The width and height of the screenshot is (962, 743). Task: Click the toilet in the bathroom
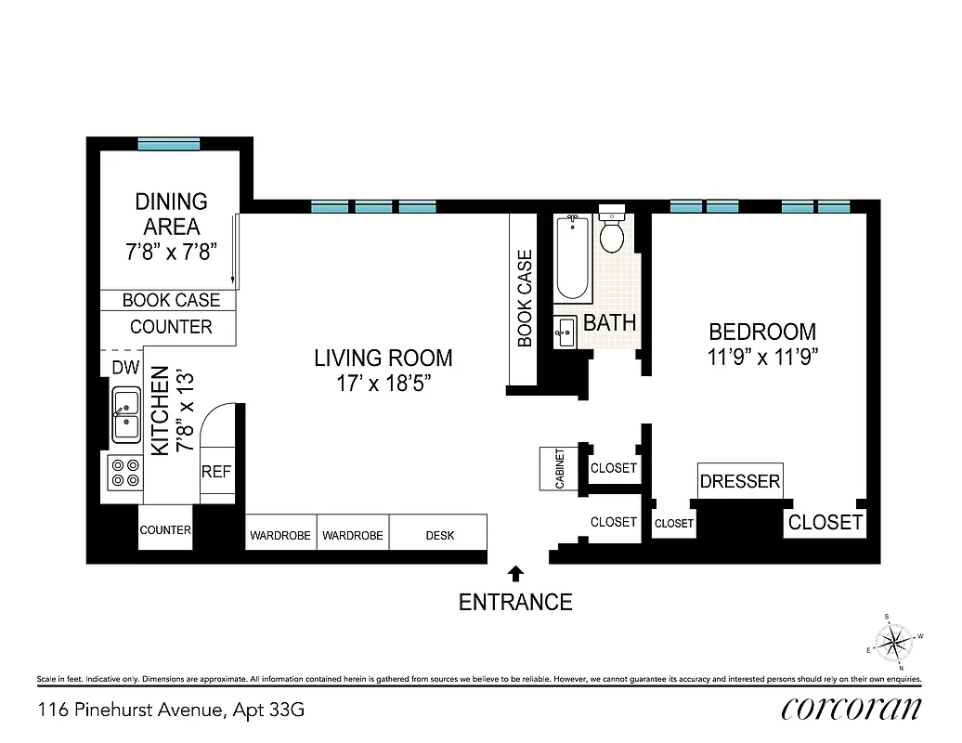pyautogui.click(x=611, y=232)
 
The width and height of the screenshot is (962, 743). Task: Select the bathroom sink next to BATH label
pyautogui.click(x=565, y=331)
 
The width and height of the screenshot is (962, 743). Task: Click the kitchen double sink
pyautogui.click(x=126, y=415)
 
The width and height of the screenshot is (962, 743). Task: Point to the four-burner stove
pyautogui.click(x=124, y=473)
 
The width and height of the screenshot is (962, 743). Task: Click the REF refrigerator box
pyautogui.click(x=216, y=472)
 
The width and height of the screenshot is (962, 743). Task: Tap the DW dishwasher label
pyautogui.click(x=125, y=368)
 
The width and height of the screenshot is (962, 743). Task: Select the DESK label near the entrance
pyautogui.click(x=440, y=535)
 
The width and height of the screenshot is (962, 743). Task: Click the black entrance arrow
pyautogui.click(x=516, y=574)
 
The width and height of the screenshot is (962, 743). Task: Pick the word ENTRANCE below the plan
pyautogui.click(x=515, y=602)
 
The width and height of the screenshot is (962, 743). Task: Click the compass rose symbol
pyautogui.click(x=894, y=642)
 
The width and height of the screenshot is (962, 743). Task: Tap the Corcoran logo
pyautogui.click(x=851, y=709)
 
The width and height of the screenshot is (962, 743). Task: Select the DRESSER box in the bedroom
pyautogui.click(x=740, y=481)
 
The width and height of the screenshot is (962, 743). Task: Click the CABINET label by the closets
pyautogui.click(x=560, y=468)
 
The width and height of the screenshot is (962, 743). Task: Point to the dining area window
pyautogui.click(x=163, y=144)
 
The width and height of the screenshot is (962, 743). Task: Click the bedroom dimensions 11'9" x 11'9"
pyautogui.click(x=762, y=358)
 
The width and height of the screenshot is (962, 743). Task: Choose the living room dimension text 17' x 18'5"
pyautogui.click(x=383, y=383)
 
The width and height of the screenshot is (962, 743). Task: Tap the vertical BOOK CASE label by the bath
pyautogui.click(x=525, y=298)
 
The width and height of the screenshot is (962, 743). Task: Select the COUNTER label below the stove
pyautogui.click(x=165, y=530)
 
